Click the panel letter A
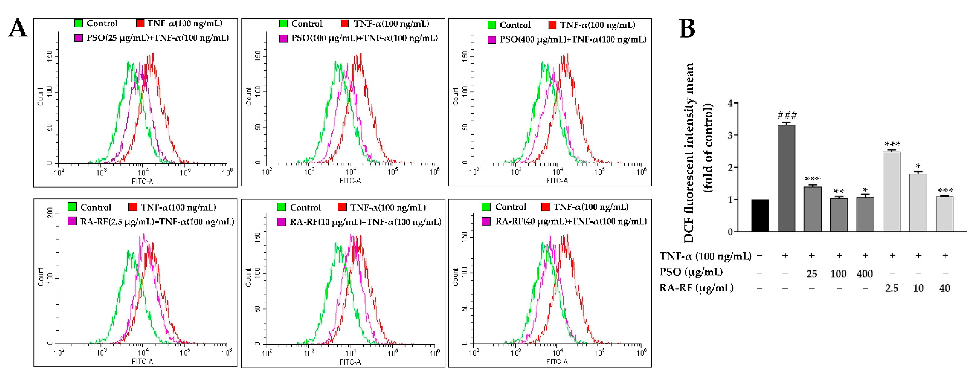[18, 29]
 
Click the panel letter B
[687, 29]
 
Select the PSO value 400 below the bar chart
[865, 274]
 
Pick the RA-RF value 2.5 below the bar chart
[892, 288]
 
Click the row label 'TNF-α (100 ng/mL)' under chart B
[705, 256]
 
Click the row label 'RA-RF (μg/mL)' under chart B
[696, 288]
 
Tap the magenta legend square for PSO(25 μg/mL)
[79, 38]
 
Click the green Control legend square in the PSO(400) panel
[492, 25]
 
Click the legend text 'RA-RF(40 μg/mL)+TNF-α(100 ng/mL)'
[571, 221]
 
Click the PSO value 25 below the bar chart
[812, 274]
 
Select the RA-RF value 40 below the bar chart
[945, 288]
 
